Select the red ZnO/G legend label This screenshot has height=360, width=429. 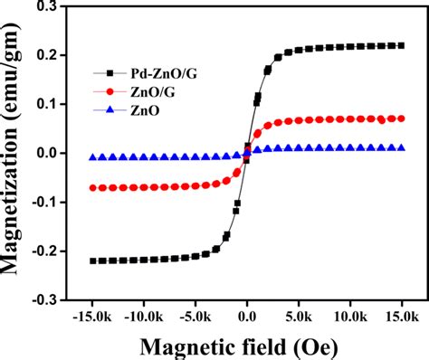pos(138,92)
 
